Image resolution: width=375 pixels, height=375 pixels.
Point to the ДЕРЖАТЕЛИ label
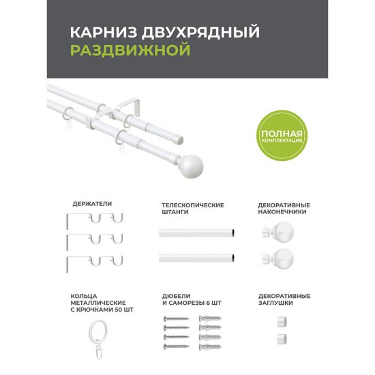click(92, 203)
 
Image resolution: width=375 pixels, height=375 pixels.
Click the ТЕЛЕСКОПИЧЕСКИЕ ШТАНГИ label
click(192, 208)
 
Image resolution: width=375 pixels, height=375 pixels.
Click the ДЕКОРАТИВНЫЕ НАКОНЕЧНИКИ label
click(284, 208)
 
